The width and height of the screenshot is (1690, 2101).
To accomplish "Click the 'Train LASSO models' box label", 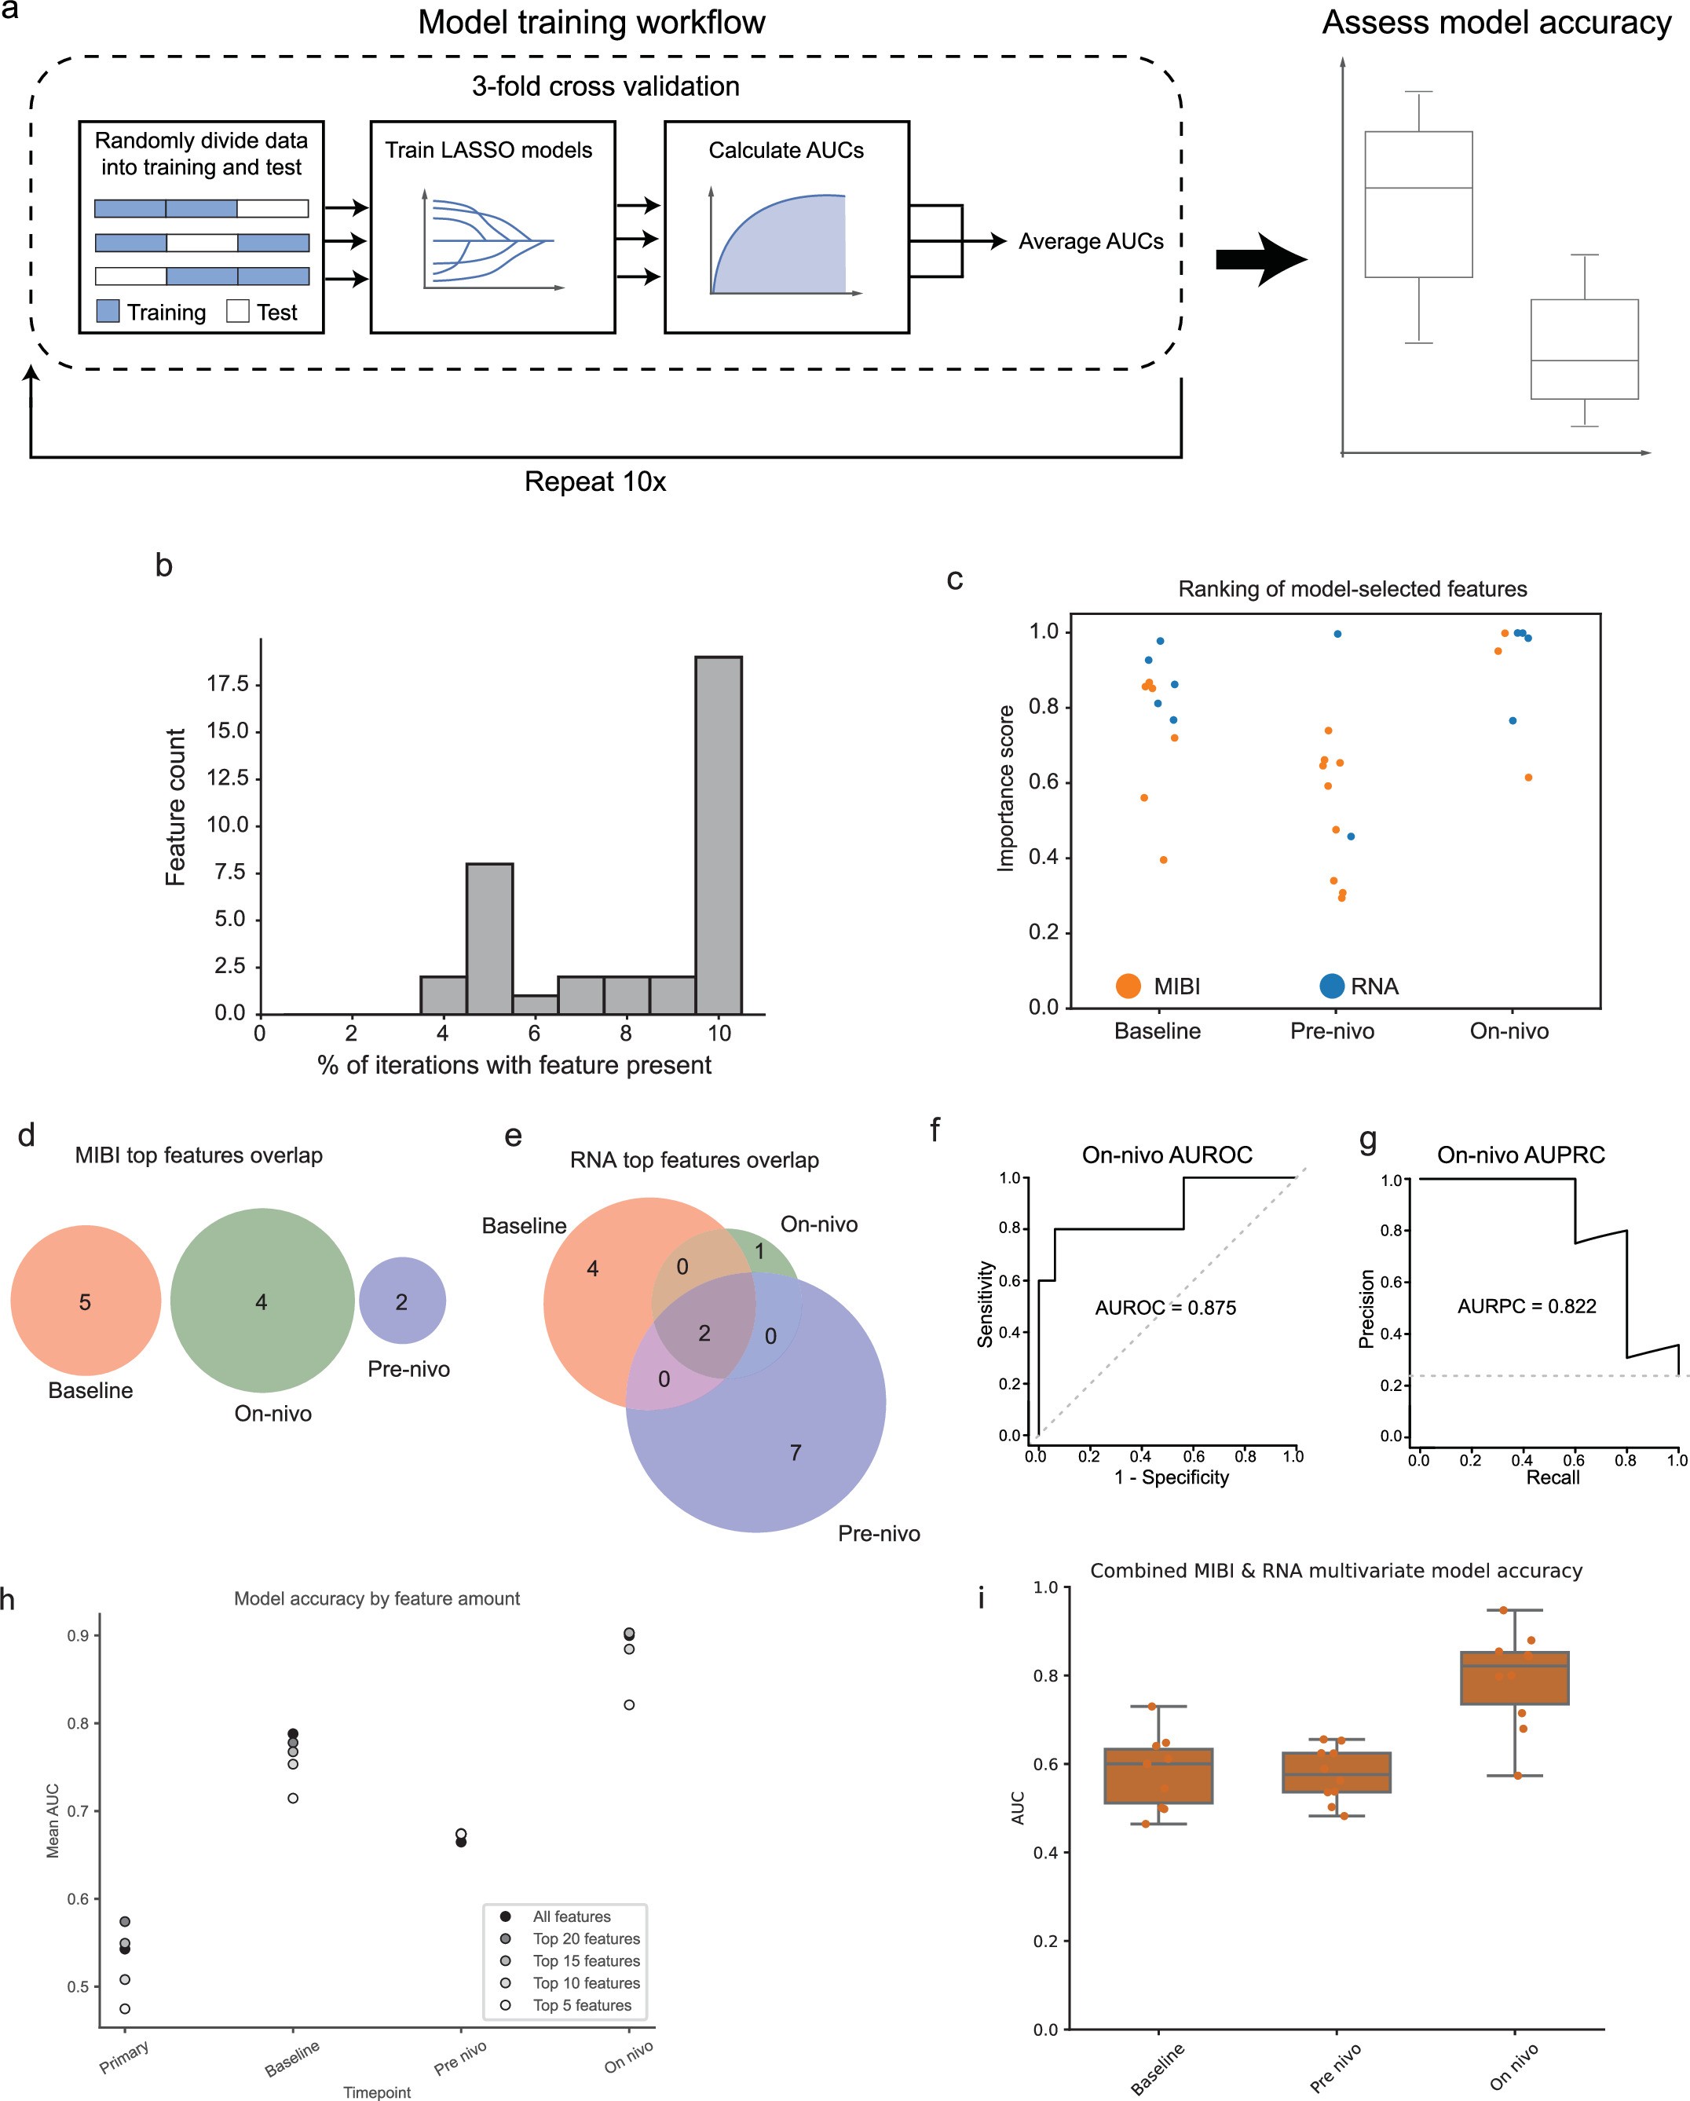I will point(488,150).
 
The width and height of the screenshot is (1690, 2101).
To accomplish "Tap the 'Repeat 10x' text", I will point(594,482).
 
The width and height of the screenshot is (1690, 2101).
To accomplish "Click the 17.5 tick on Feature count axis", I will point(228,684).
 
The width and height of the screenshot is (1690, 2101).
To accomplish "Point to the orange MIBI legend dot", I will point(1128,986).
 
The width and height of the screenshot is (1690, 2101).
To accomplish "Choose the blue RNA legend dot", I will point(1331,986).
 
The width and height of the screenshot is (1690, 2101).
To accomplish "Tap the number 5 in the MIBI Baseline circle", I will point(85,1302).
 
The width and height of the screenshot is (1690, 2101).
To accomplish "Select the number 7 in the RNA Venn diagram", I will point(796,1453).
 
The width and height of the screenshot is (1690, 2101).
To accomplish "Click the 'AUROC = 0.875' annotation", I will point(1165,1308).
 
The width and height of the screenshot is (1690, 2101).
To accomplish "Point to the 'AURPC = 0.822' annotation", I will point(1527,1306).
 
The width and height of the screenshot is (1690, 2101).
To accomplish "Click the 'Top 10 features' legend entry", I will point(586,1983).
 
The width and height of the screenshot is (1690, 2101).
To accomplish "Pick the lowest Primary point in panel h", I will point(125,2008).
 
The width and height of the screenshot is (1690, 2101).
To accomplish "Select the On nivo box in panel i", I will point(1513,1678).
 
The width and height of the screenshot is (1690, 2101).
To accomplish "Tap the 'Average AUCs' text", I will point(1090,242).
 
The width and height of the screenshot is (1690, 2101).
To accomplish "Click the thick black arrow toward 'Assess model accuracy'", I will point(1260,259).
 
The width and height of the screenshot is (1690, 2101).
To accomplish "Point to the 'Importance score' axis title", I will point(1006,788).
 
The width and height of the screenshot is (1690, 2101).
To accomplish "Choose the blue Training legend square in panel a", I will point(108,312).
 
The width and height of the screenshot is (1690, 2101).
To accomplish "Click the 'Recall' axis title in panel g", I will point(1552,1477).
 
